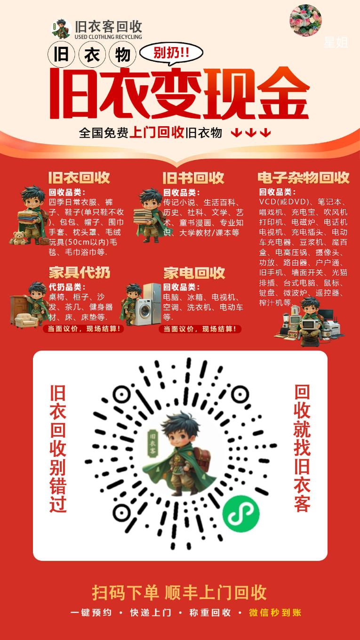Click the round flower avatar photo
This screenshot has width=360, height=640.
[305, 20]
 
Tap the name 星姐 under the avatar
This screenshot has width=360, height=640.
[336, 42]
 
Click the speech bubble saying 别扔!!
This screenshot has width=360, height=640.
[171, 53]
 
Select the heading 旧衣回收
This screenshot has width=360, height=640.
[79, 178]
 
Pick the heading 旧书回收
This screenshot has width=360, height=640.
[193, 178]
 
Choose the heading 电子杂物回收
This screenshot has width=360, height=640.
[304, 178]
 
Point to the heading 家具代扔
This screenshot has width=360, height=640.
[80, 272]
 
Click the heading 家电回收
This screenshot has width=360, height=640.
[194, 273]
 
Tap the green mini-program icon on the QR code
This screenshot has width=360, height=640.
[241, 513]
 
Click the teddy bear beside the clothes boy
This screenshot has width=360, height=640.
[19, 238]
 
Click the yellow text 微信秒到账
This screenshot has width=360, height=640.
[275, 612]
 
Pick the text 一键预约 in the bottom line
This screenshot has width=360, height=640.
[91, 612]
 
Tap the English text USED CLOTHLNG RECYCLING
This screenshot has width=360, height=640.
[108, 37]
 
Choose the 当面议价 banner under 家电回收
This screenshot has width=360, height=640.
[200, 329]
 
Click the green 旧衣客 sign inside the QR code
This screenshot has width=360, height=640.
[153, 443]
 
